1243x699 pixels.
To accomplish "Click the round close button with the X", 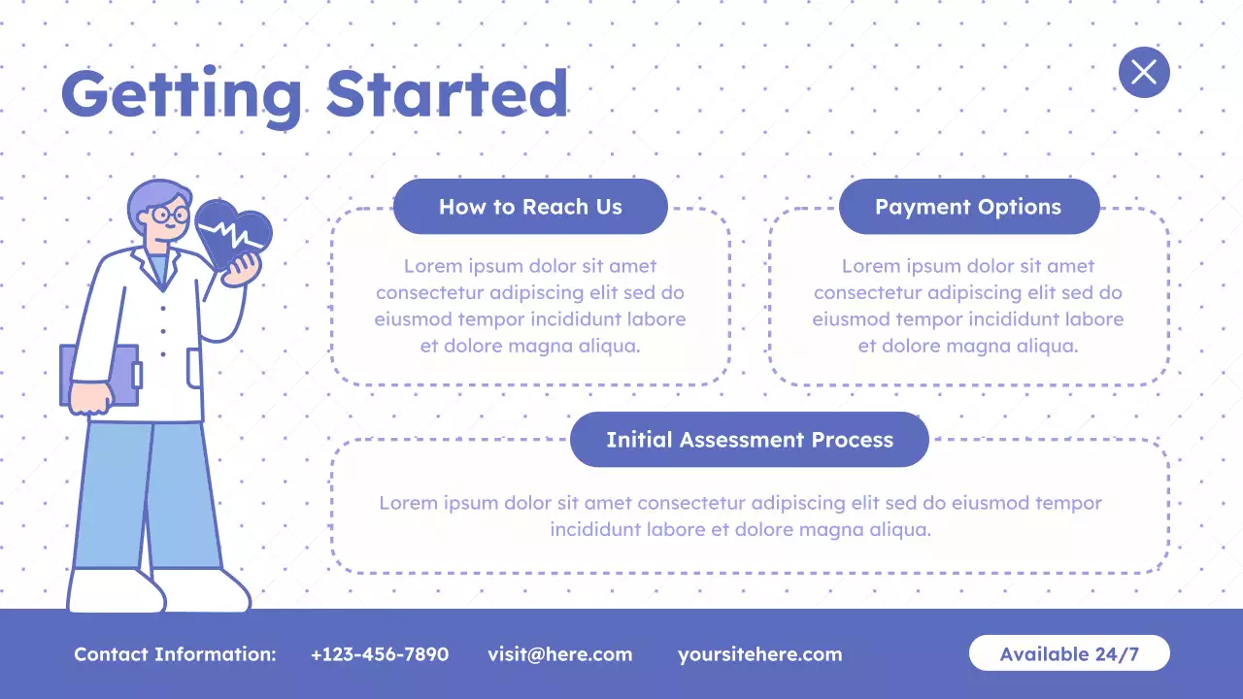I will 1144,72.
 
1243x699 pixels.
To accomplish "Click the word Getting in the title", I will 182,95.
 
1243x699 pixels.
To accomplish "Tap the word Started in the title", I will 447,93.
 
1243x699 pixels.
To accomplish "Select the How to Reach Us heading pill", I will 530,207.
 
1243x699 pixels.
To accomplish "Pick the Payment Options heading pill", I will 968,207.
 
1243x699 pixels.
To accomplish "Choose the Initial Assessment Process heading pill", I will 749,440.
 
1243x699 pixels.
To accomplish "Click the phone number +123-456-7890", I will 380,654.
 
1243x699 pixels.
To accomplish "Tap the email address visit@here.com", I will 559,654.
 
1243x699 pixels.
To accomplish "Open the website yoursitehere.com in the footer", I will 759,654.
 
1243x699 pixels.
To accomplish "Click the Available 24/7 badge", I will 1069,653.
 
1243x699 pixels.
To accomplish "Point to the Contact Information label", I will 175,654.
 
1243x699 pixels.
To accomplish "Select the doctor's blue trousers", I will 146,495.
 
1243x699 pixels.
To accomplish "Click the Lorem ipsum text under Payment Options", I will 968,306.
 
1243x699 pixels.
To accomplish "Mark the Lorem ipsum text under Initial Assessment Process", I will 740,516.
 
